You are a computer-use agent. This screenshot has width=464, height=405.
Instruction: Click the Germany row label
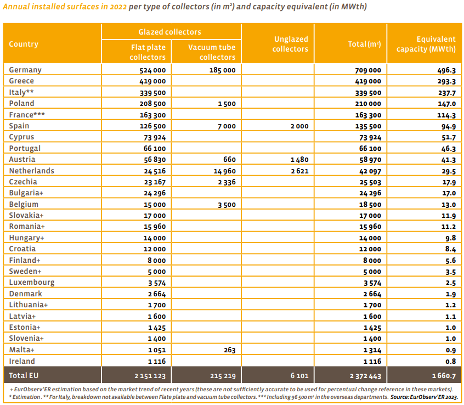pyautogui.click(x=25, y=70)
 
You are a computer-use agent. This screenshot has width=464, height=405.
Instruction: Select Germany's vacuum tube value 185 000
pyautogui.click(x=223, y=70)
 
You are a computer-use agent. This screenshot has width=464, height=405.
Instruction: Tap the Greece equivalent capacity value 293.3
pyautogui.click(x=446, y=81)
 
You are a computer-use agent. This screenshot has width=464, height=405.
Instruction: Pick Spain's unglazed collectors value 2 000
pyautogui.click(x=299, y=126)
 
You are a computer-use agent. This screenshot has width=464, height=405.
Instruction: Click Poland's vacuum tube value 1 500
pyautogui.click(x=227, y=104)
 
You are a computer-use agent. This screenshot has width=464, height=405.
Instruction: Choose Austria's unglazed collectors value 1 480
pyautogui.click(x=299, y=160)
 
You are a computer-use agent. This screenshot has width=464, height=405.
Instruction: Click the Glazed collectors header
pyautogui.click(x=170, y=32)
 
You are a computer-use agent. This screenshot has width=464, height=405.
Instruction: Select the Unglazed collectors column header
pyautogui.click(x=290, y=44)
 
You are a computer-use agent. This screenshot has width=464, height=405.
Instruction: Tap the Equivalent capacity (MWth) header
pyautogui.click(x=426, y=44)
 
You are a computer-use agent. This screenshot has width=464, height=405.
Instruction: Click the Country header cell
pyautogui.click(x=24, y=44)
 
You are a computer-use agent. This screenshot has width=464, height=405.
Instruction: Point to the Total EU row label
pyautogui.click(x=24, y=375)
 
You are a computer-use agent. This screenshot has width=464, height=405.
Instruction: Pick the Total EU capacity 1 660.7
pyautogui.click(x=444, y=376)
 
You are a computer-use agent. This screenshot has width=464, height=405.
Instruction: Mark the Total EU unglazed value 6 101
pyautogui.click(x=299, y=376)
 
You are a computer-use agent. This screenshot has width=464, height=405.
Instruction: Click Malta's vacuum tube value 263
pyautogui.click(x=230, y=350)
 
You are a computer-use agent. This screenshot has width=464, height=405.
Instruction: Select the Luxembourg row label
pyautogui.click(x=32, y=283)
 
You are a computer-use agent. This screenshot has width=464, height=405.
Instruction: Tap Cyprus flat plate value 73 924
pyautogui.click(x=155, y=137)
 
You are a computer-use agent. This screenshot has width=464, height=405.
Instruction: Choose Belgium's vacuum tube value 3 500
pyautogui.click(x=227, y=205)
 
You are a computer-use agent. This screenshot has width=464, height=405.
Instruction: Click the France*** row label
pyautogui.click(x=27, y=115)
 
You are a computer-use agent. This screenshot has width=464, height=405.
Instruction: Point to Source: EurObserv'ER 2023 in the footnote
pyautogui.click(x=424, y=397)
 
